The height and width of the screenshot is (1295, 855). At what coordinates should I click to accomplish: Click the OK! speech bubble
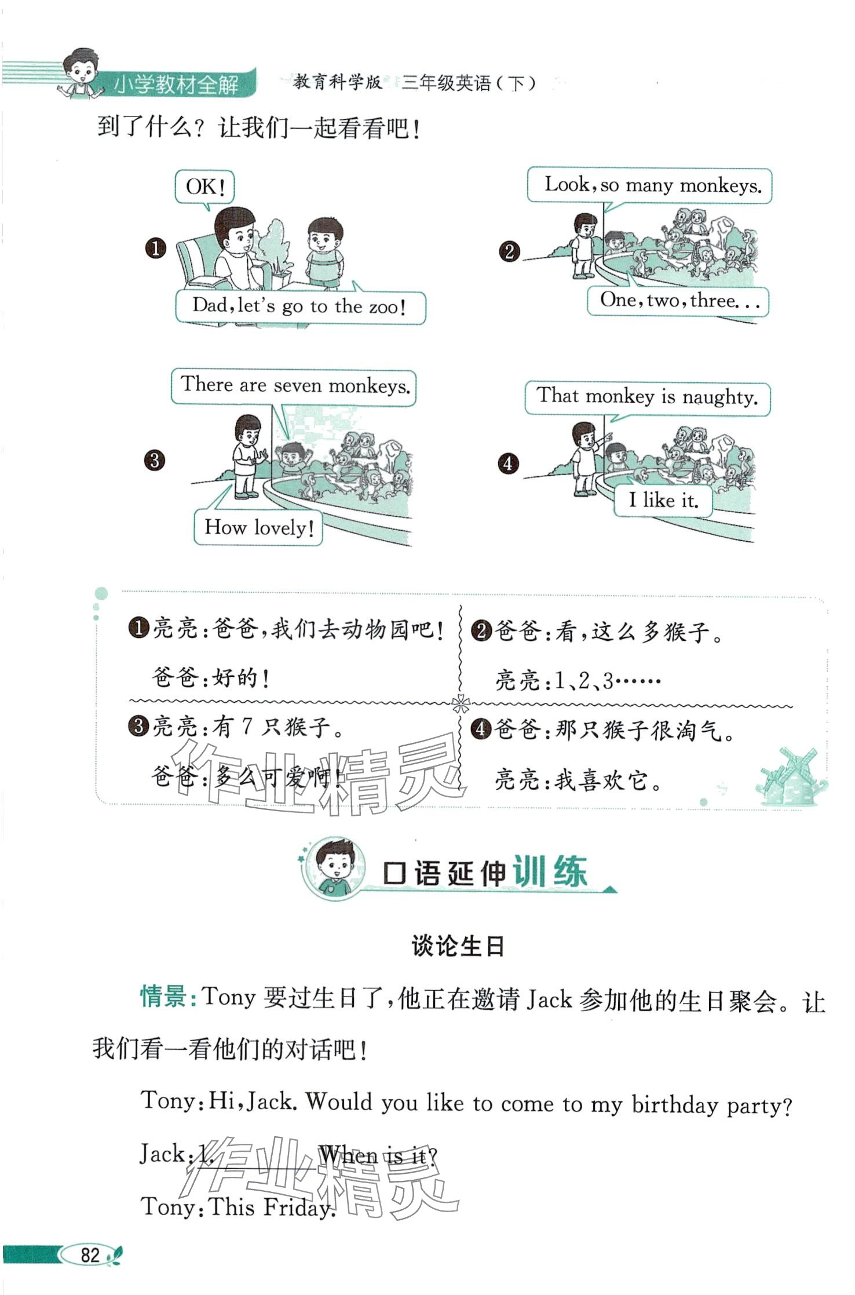(x=204, y=187)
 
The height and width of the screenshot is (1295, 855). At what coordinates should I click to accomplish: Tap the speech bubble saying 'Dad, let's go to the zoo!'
(x=301, y=306)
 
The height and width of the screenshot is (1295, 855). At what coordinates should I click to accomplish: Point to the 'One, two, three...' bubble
(x=678, y=301)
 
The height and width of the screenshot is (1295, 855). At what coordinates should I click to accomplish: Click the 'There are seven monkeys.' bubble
(x=294, y=386)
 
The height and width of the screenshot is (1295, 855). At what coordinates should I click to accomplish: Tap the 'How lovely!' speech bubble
(x=258, y=527)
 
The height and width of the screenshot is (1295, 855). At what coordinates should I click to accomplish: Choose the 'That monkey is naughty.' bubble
(x=648, y=398)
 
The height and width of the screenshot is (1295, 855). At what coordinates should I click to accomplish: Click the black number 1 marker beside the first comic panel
(x=155, y=249)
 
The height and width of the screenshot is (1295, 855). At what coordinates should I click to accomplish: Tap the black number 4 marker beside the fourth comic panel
(x=508, y=463)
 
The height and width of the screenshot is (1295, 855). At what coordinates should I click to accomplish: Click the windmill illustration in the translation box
(x=790, y=776)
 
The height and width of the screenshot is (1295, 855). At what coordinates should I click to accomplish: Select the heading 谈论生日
(x=458, y=946)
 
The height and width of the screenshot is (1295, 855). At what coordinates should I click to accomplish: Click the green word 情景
(x=163, y=997)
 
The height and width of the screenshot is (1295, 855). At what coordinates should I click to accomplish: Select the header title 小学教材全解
(x=176, y=85)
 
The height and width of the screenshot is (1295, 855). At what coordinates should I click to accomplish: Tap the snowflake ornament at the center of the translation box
(x=461, y=704)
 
